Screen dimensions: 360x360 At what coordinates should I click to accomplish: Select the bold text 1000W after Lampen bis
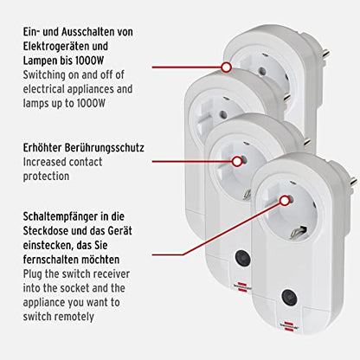tap(89, 61)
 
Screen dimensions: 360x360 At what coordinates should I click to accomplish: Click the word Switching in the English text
tap(44, 75)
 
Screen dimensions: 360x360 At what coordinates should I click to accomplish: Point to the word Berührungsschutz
tap(104, 148)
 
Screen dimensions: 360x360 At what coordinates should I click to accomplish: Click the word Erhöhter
tap(42, 148)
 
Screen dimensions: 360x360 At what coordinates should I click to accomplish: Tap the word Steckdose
tap(48, 231)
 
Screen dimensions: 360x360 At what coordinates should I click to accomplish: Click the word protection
tap(46, 177)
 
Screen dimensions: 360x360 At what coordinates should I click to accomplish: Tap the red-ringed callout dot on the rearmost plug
tap(227, 67)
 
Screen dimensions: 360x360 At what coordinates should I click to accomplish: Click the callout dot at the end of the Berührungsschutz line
tap(237, 162)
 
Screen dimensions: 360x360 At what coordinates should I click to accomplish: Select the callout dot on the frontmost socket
tap(285, 201)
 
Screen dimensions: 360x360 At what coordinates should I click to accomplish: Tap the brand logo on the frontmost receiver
tap(290, 327)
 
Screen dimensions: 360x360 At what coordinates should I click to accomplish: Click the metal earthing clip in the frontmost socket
tap(298, 231)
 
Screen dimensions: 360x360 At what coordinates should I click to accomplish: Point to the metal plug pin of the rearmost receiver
tap(325, 54)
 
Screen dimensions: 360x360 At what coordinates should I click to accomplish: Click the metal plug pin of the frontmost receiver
tap(353, 182)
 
